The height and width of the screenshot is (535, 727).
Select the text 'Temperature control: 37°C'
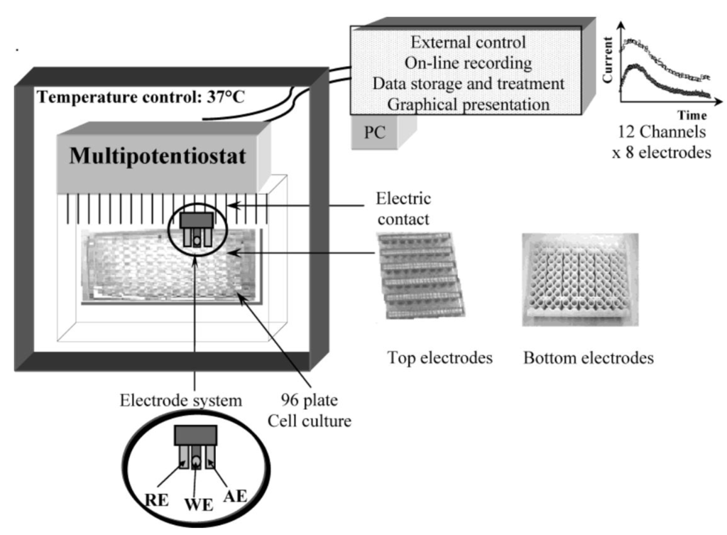pos(141,96)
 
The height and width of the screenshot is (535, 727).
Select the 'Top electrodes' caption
pos(440,358)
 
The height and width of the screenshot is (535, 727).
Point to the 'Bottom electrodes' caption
pos(589,358)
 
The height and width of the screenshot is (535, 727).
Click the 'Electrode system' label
pos(180,398)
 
